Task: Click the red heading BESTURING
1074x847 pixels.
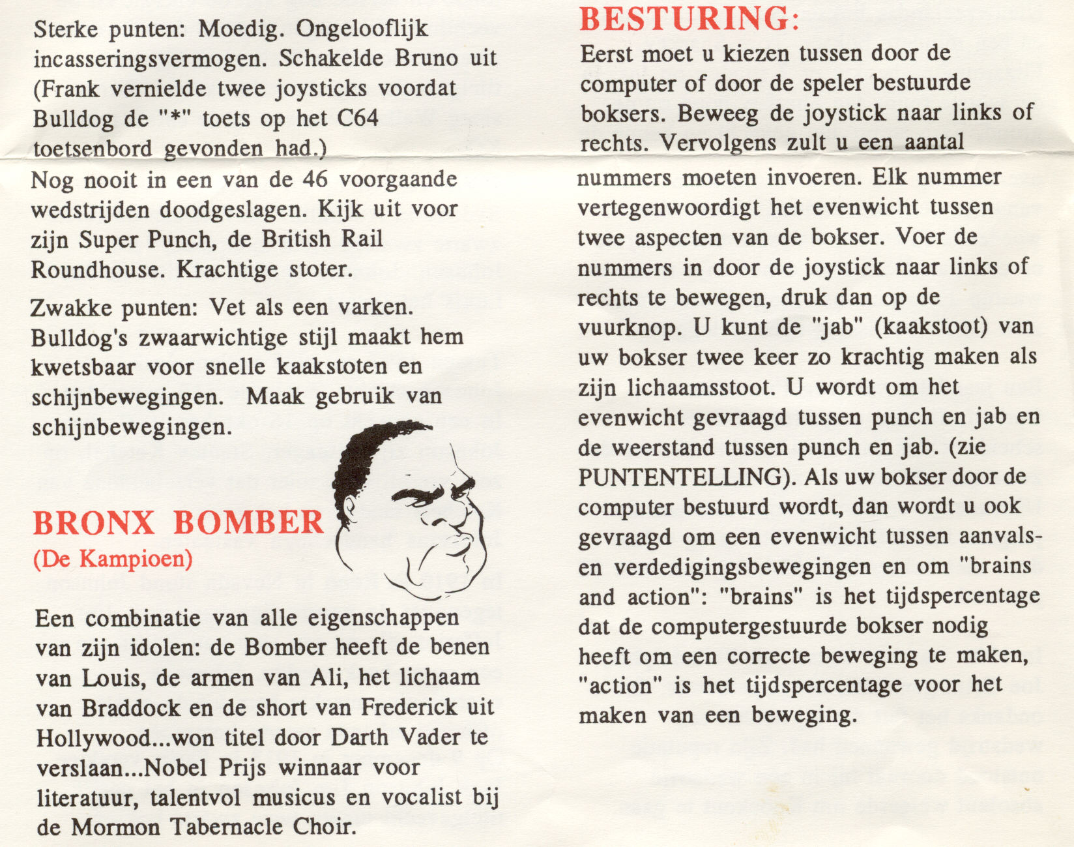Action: (x=689, y=19)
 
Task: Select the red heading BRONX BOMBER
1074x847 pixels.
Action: (x=178, y=523)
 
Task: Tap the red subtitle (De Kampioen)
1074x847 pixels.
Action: (x=113, y=559)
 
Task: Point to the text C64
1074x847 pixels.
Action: (x=357, y=119)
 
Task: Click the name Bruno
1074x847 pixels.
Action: (x=426, y=59)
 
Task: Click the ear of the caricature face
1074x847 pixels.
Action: (x=346, y=511)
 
